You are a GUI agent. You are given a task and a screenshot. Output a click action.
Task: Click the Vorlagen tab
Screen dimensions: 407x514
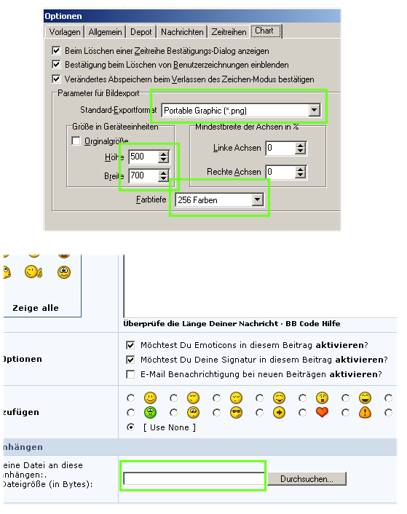[65, 32]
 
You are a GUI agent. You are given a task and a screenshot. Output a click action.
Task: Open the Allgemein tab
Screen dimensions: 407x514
[105, 32]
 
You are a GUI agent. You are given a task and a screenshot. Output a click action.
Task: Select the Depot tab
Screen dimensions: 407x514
[141, 32]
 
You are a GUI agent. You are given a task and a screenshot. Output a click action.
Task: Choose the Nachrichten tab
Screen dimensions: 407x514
[182, 32]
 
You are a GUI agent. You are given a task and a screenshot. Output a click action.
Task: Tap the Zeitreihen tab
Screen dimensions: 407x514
[229, 32]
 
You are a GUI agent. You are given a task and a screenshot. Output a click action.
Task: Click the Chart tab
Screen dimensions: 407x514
[266, 31]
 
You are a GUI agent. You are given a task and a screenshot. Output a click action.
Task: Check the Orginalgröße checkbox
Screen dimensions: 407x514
[76, 141]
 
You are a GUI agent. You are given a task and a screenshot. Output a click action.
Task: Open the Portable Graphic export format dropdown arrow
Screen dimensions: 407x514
[314, 110]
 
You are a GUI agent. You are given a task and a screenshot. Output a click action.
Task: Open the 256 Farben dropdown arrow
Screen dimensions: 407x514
[258, 199]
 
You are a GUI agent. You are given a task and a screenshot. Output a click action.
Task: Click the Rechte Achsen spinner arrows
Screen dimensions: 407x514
[300, 172]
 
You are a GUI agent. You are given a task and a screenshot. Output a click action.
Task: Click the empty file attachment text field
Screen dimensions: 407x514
[194, 478]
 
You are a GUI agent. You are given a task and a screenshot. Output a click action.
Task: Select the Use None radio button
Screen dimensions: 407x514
[131, 427]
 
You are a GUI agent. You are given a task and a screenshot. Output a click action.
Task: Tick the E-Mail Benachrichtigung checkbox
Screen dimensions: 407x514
[130, 374]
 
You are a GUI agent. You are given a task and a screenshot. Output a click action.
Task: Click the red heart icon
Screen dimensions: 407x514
[322, 412]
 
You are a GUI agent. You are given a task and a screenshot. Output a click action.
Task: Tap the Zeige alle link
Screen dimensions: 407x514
[36, 308]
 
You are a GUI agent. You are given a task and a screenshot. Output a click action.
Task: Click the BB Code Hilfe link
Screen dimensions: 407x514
[312, 323]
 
